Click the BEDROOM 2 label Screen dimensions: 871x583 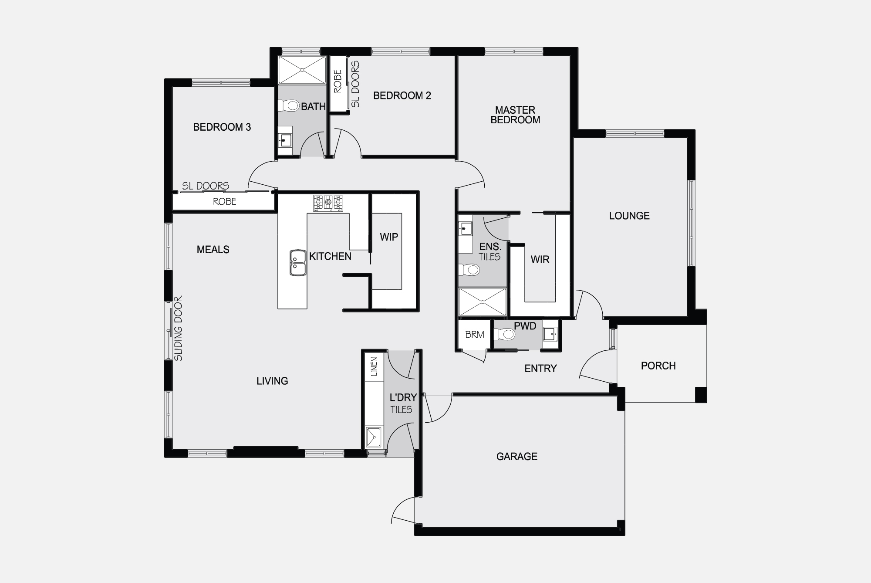point(402,95)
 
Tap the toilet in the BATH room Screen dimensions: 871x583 point(289,105)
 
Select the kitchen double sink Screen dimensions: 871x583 point(298,263)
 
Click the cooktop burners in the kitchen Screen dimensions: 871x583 point(328,202)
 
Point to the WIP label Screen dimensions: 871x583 point(389,237)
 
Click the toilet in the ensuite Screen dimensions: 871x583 point(469,270)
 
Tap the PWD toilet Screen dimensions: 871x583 point(504,334)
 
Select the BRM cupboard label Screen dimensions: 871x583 point(475,335)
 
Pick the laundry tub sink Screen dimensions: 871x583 point(374,437)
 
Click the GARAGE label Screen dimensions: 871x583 point(517,456)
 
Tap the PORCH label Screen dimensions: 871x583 point(658,366)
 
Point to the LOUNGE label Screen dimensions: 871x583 point(629,216)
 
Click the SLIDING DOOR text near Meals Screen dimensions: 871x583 point(179,329)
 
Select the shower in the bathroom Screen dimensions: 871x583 point(302,70)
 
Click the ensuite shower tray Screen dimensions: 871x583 point(483,302)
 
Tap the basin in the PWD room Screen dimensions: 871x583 point(550,334)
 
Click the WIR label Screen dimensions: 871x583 point(540,260)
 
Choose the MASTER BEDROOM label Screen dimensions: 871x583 point(515,115)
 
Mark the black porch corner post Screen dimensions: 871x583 point(701,394)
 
